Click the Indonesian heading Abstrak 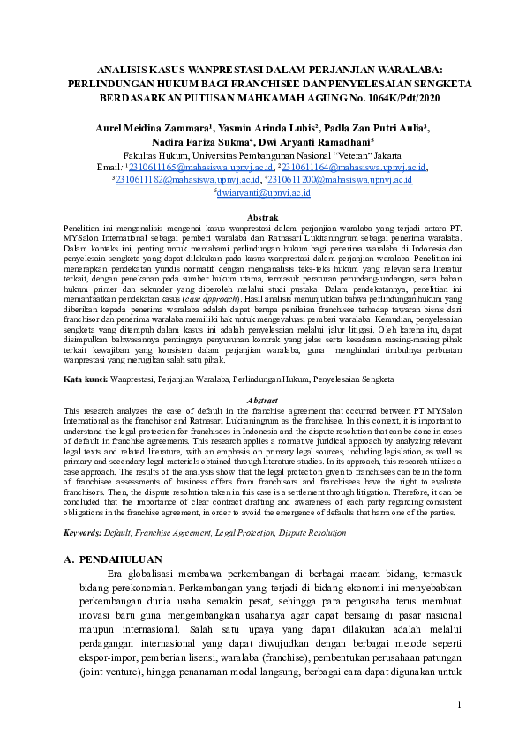point(263,217)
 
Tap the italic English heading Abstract point(263,401)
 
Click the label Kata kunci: point(86,379)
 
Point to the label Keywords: point(87,533)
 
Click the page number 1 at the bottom point(459,703)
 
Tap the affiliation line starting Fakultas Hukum point(263,153)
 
